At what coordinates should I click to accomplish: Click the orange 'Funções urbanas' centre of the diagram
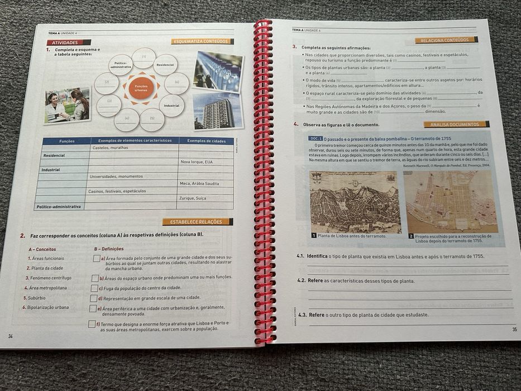click(141, 88)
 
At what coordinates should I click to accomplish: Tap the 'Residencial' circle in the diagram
click(165, 65)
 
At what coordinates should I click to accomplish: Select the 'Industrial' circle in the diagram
click(171, 105)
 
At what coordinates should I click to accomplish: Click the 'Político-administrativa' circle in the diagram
click(121, 65)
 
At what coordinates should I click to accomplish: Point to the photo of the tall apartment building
click(217, 111)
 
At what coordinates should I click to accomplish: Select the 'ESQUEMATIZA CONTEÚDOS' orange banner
click(202, 41)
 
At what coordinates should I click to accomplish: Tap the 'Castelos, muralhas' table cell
click(110, 148)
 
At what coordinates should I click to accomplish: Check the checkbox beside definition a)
click(97, 258)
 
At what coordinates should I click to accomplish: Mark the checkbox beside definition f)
click(92, 324)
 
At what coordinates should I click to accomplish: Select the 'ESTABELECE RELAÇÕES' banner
click(197, 222)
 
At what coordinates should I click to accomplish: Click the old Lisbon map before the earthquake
click(355, 202)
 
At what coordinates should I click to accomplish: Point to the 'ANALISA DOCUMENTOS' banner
click(456, 125)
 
